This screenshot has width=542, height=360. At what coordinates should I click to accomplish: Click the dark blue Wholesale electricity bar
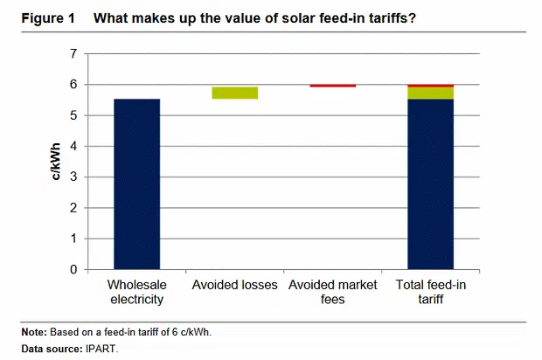[136, 183]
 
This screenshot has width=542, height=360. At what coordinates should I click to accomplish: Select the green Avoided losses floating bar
[234, 93]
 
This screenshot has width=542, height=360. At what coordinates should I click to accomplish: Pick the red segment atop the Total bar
[430, 86]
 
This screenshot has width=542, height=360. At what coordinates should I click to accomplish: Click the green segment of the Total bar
[430, 93]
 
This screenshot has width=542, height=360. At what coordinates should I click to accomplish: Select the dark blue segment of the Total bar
[430, 183]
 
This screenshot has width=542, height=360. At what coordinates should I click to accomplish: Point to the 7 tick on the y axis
[73, 54]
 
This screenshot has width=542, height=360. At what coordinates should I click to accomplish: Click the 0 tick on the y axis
[73, 269]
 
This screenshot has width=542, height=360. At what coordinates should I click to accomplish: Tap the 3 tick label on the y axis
[73, 177]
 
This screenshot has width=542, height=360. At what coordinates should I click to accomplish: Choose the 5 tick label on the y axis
[73, 115]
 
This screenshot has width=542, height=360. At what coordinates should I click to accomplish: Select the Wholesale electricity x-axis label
[136, 292]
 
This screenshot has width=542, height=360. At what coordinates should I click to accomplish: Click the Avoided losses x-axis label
[234, 285]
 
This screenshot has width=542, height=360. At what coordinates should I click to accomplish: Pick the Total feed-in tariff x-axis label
[430, 292]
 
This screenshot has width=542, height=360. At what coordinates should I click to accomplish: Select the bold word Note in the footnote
[34, 333]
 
